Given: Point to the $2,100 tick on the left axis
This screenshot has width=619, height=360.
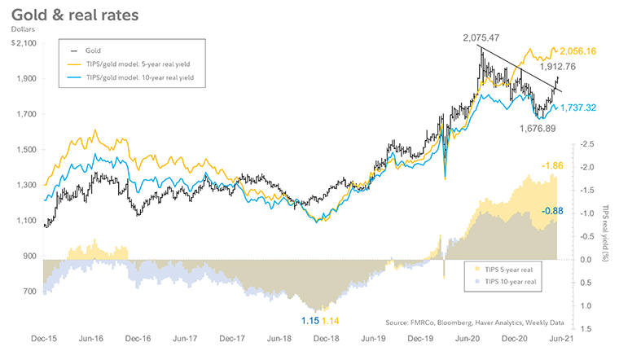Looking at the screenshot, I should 23,43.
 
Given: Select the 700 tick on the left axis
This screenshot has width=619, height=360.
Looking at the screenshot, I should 29,292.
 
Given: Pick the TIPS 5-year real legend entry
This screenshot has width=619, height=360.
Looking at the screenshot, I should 504,266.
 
